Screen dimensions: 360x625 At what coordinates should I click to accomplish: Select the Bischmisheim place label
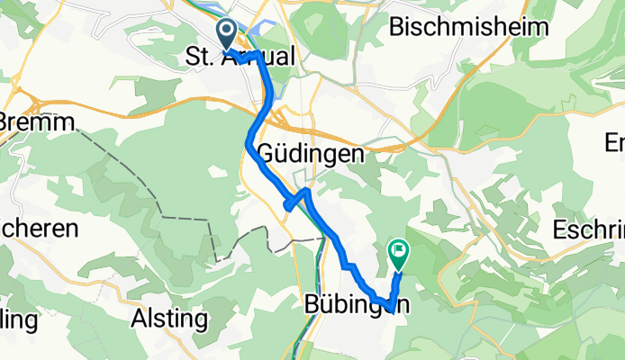468,27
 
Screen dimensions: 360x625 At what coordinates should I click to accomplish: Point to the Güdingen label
311,153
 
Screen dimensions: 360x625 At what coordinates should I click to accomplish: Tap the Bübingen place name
355,304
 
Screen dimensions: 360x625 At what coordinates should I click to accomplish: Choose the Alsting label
169,319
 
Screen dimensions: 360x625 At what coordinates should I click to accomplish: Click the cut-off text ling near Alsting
18,319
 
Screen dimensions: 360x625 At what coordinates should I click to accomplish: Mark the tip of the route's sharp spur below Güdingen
286,207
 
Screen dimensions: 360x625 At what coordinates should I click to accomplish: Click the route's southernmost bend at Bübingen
389,310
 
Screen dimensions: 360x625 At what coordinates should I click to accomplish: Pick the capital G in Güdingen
267,153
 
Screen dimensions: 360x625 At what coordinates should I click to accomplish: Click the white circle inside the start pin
225,31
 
